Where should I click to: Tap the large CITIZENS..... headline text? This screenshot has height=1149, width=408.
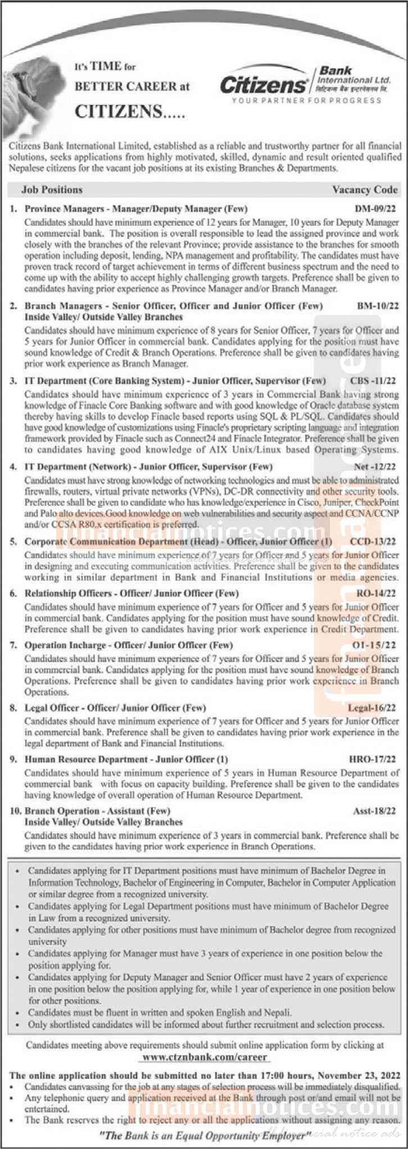[130, 112]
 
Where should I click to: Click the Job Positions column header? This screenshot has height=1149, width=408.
[52, 190]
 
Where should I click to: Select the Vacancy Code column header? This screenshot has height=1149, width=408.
[365, 190]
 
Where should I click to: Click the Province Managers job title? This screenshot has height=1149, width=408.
[67, 208]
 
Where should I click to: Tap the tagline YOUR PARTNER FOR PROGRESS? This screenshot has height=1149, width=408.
[306, 101]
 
